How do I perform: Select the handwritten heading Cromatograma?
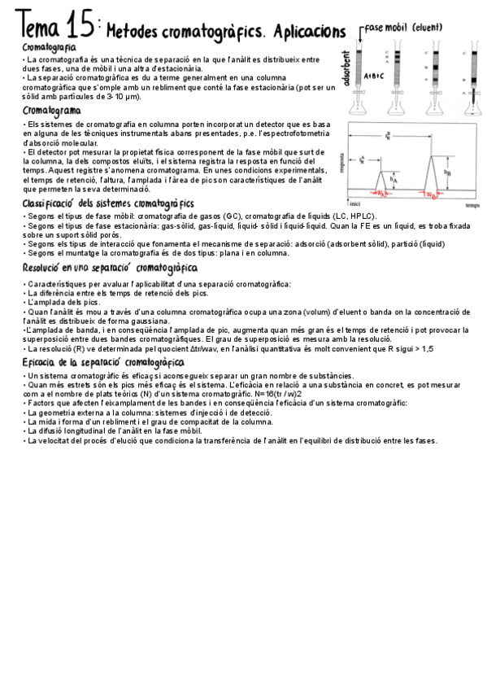pyautogui.click(x=52, y=110)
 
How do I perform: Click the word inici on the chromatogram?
pyautogui.click(x=354, y=203)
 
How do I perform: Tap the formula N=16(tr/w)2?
pyautogui.click(x=272, y=393)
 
